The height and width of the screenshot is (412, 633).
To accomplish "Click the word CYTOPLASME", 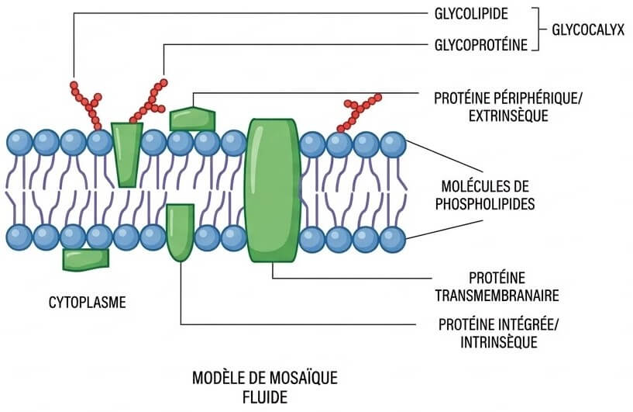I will coord(87,302).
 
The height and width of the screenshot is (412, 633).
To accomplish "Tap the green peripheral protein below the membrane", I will coord(86,259).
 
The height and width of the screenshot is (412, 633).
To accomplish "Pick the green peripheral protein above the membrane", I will coord(191,119).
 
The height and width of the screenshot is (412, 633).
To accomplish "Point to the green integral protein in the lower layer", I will coord(180,230).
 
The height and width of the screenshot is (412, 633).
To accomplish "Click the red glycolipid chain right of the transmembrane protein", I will coord(359,113).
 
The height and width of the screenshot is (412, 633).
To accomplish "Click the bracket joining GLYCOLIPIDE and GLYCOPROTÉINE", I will coord(536,29).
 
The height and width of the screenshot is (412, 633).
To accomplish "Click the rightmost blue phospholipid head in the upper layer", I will coord(393,144).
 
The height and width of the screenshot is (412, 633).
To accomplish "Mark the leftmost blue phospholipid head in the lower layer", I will coord(19,237).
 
